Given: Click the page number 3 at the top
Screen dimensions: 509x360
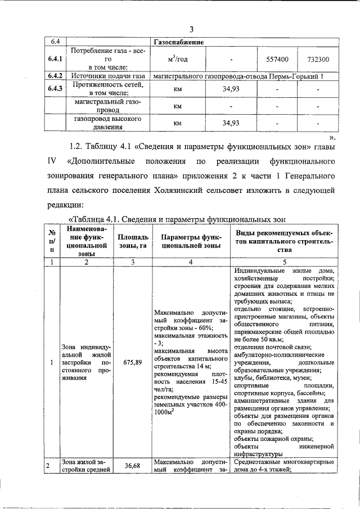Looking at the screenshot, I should pyautogui.click(x=191, y=29).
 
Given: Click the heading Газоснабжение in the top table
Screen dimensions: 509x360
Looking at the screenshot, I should pyautogui.click(x=178, y=42).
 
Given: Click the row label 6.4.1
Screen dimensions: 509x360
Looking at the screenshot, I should pyautogui.click(x=55, y=58).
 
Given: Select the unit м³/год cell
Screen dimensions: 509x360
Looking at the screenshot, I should pyautogui.click(x=178, y=58).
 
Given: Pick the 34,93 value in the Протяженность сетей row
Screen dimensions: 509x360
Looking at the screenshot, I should pyautogui.click(x=231, y=89).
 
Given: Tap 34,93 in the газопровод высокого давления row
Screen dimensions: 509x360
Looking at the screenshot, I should pyautogui.click(x=231, y=123).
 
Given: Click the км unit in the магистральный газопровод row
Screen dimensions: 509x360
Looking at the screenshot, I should pyautogui.click(x=178, y=106).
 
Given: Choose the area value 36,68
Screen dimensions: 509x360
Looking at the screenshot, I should pyautogui.click(x=132, y=466).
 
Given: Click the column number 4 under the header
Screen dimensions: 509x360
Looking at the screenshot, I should pyautogui.click(x=191, y=262).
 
